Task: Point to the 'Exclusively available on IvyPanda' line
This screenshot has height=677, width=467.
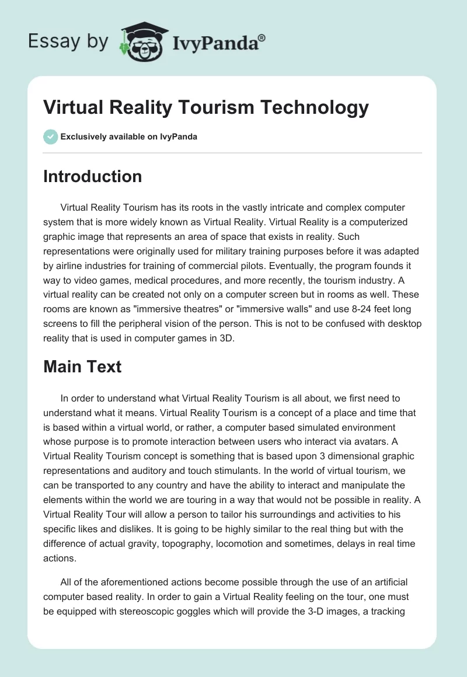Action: coord(128,137)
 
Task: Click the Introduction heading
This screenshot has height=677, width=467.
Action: coord(92,176)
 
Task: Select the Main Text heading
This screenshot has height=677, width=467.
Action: coord(82,367)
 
